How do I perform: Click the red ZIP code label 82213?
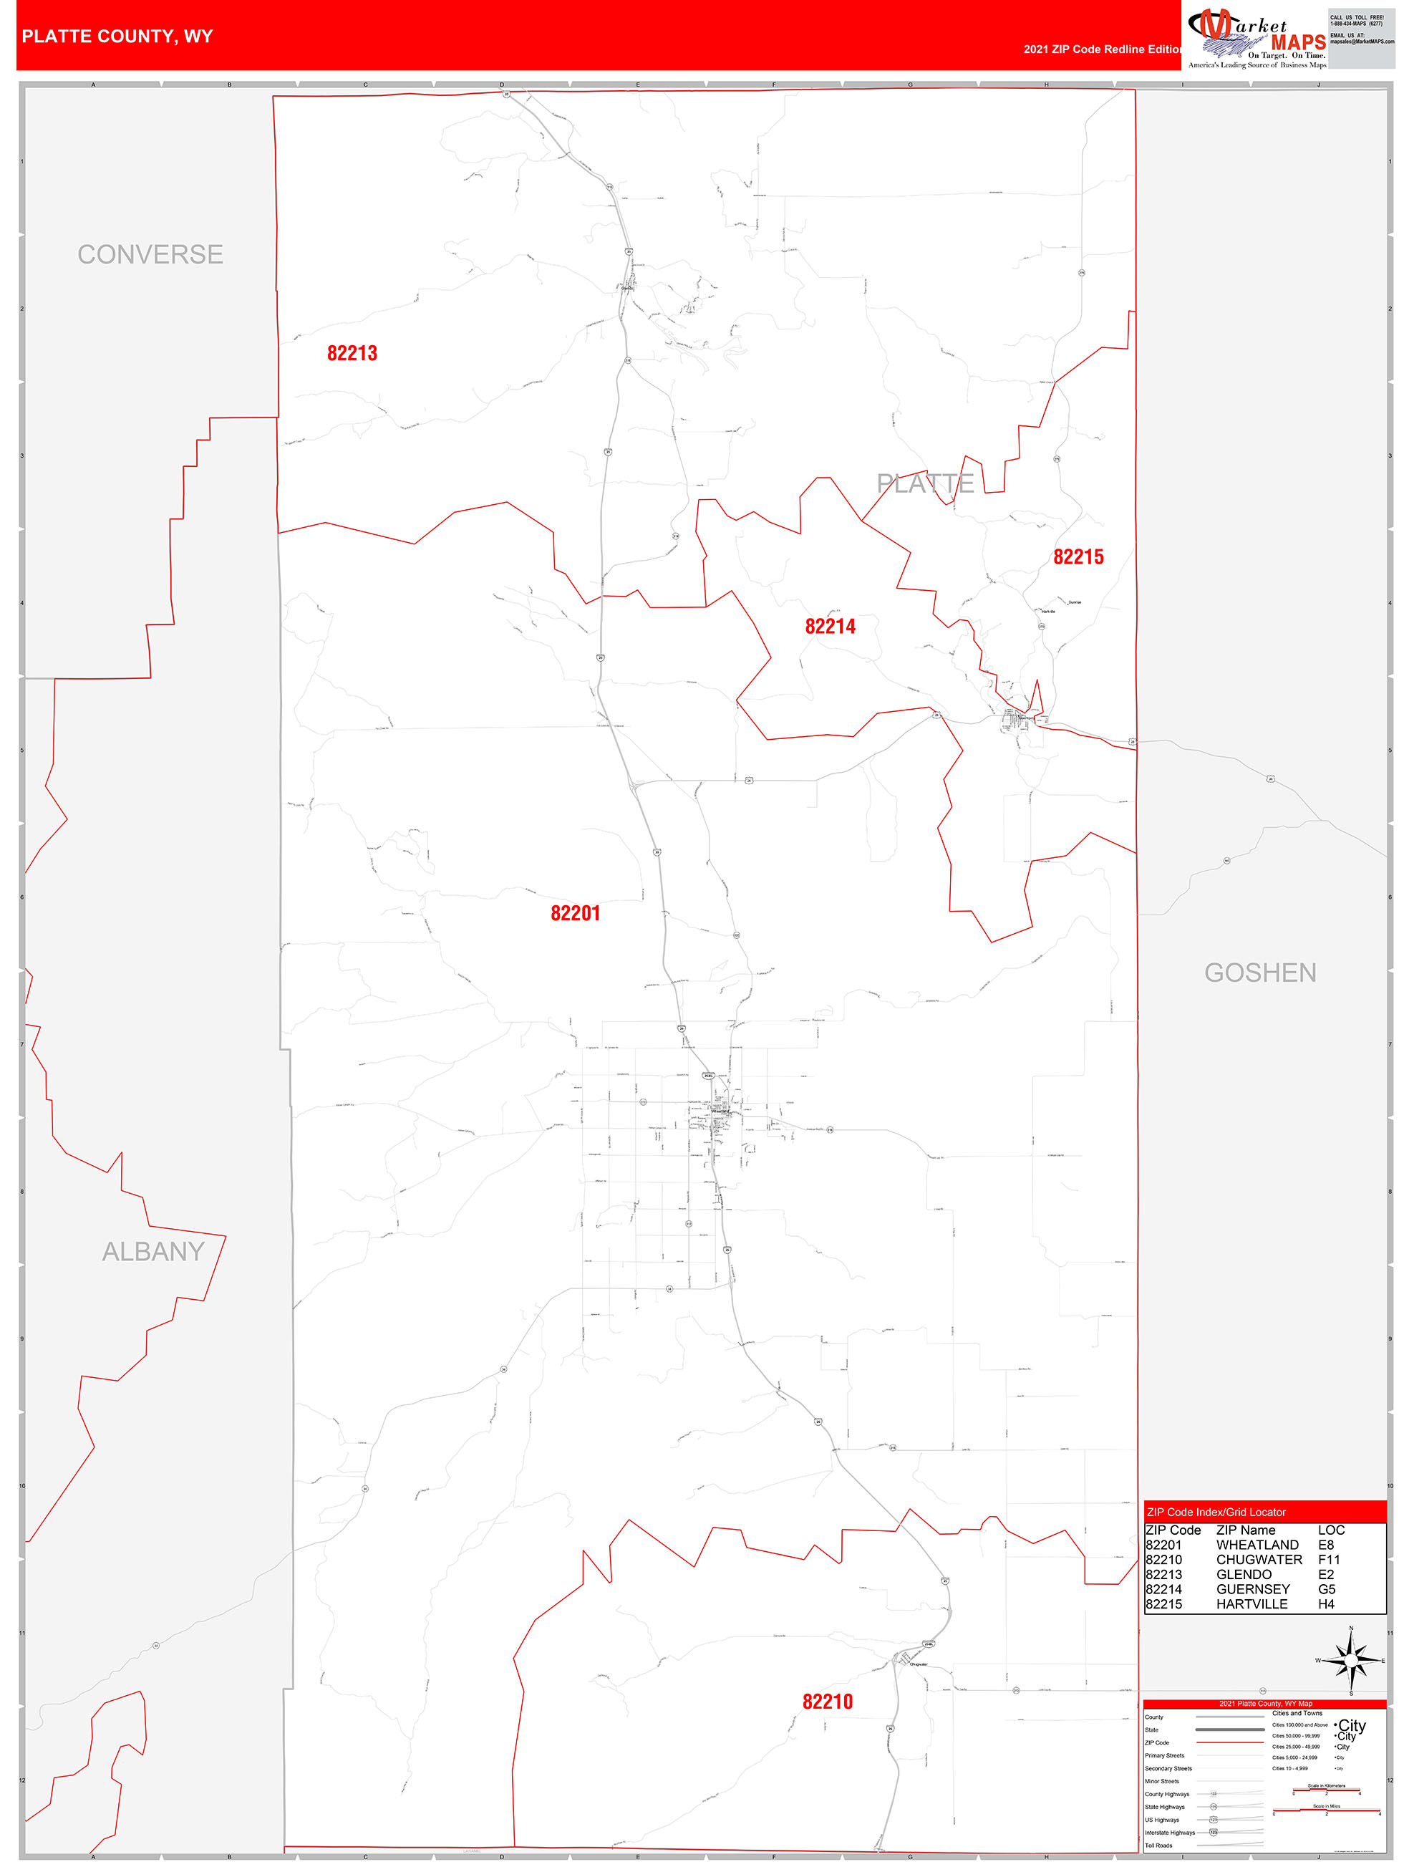click(352, 354)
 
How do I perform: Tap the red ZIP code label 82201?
click(575, 913)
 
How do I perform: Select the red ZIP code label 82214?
click(830, 627)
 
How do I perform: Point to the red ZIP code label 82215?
click(1078, 556)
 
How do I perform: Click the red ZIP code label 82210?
click(828, 1701)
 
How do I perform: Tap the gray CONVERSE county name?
click(150, 254)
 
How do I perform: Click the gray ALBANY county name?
click(153, 1252)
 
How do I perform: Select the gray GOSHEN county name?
click(1259, 973)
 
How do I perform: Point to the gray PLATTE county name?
click(925, 483)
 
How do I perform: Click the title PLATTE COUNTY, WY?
click(117, 37)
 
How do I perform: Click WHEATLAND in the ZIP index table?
click(1257, 1545)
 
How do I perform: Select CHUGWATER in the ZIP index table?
click(1259, 1560)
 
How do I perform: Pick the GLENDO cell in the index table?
click(1243, 1574)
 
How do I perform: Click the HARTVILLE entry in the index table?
click(1251, 1603)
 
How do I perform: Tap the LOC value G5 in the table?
click(1326, 1589)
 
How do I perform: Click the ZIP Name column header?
click(1245, 1530)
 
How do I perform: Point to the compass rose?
click(1351, 1661)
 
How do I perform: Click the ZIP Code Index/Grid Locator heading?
click(1216, 1512)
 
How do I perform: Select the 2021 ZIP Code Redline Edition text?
click(1102, 49)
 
